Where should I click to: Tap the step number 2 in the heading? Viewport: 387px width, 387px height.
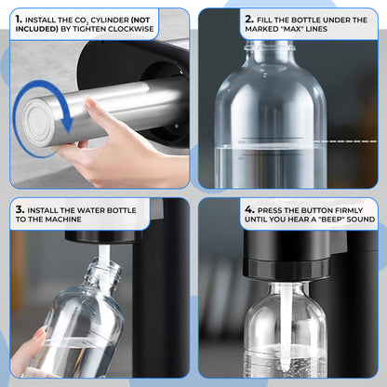coord(248,19)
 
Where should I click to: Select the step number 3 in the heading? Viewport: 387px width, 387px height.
coord(19,210)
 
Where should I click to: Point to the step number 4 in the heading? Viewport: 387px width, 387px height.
coord(248,210)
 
